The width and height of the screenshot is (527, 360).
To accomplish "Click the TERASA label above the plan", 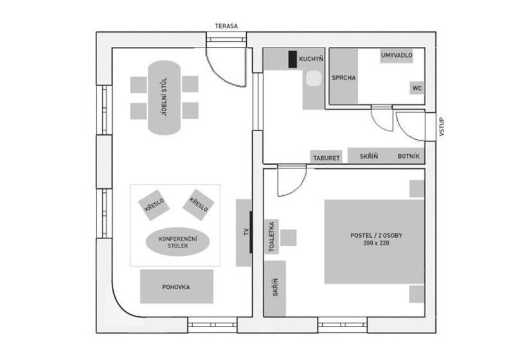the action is (x=226, y=26).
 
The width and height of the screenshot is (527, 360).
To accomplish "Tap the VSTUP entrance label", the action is (x=442, y=127).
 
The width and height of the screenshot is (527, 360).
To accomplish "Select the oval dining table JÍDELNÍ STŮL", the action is (x=165, y=98).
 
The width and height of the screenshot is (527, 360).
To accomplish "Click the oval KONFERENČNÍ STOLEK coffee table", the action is (x=178, y=242).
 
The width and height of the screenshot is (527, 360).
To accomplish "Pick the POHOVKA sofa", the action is (x=177, y=286).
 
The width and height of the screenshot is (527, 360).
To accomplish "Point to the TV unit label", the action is (x=246, y=231).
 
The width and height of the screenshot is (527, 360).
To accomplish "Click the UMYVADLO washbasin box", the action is (x=397, y=55).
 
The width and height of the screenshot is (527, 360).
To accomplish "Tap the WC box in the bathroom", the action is (x=416, y=88).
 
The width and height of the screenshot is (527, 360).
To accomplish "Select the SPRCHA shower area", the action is (x=343, y=76).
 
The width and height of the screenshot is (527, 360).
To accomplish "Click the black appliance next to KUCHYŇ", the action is (x=292, y=59).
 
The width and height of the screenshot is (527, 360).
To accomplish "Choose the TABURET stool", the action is (x=326, y=157).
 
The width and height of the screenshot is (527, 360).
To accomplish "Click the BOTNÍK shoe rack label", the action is (x=409, y=156).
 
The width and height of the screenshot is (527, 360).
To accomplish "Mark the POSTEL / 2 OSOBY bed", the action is (x=374, y=242).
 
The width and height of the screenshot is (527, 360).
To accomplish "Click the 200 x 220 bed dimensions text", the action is (x=376, y=243).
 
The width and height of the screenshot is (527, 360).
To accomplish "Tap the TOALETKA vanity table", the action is (x=272, y=237).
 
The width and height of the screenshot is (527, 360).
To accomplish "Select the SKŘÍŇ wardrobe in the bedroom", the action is (x=275, y=289).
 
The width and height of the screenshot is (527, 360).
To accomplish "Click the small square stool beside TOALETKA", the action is (x=289, y=238).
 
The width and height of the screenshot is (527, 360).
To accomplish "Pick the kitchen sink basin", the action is (x=314, y=78).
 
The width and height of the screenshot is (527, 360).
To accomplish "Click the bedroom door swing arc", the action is (x=298, y=188).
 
